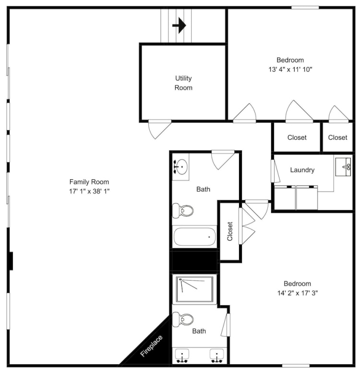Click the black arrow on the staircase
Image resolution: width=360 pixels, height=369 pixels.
[x=180, y=25]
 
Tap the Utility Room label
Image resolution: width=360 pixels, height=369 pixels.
[x=183, y=83]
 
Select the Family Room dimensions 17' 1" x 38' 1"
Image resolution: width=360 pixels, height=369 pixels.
[x=89, y=191]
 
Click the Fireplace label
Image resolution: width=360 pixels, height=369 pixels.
[x=151, y=346]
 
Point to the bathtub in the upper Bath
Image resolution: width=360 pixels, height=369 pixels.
[x=194, y=237]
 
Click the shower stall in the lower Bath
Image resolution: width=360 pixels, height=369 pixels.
[x=194, y=289]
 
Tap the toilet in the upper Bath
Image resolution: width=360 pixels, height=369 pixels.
[x=183, y=210]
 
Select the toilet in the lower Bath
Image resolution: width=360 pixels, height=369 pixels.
[x=183, y=320]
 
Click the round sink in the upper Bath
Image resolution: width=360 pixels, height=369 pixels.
[x=182, y=167]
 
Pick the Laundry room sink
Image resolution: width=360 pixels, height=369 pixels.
[x=343, y=167]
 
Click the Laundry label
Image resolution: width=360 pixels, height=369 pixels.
[x=302, y=170]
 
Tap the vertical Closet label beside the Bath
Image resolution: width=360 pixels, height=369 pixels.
[x=230, y=231]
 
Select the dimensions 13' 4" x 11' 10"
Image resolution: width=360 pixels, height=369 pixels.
[x=290, y=69]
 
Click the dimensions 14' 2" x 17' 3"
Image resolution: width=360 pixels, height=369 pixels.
[x=298, y=293]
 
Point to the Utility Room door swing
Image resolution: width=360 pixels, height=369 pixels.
[x=159, y=129]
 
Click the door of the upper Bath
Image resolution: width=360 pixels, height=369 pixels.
[x=223, y=160]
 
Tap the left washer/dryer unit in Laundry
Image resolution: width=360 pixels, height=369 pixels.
[x=285, y=197]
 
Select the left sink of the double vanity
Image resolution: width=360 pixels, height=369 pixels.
[x=182, y=356]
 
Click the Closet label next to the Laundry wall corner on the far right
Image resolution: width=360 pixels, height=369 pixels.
[x=337, y=137]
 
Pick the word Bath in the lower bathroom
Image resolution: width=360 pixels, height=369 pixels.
[x=199, y=331]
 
